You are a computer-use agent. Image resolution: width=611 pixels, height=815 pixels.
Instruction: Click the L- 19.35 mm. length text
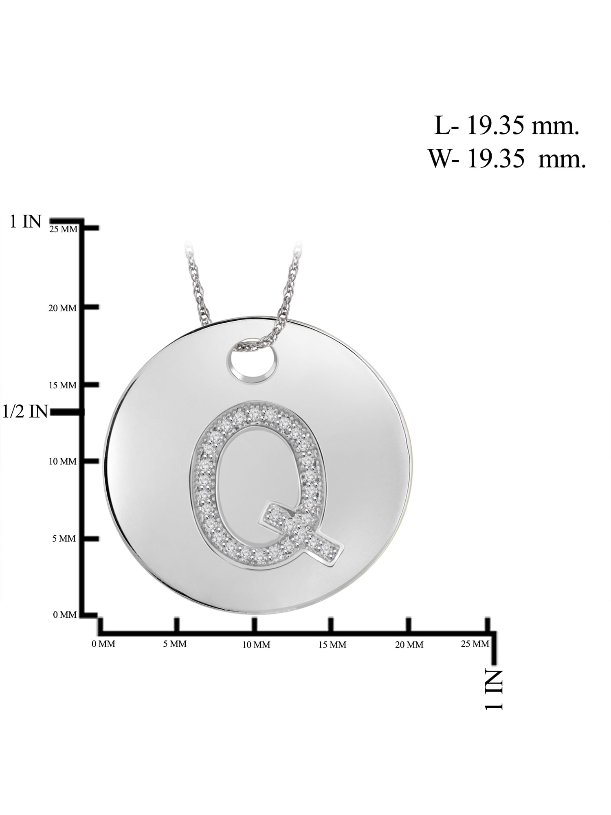click(x=507, y=126)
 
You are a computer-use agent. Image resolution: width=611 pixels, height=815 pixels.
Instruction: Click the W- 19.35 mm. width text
click(x=507, y=159)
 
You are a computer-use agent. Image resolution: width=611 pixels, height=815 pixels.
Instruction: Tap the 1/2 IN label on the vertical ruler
click(x=25, y=412)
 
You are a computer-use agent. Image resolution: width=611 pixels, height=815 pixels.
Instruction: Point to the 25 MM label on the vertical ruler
click(x=63, y=229)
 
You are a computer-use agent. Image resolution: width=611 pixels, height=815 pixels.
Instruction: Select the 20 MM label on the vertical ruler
click(x=62, y=308)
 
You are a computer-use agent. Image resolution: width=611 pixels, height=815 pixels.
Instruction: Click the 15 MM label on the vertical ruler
click(x=62, y=385)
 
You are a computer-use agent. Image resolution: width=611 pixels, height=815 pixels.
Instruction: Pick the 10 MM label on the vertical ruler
click(x=62, y=462)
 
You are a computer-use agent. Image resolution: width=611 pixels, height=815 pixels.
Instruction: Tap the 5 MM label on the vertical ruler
click(x=64, y=539)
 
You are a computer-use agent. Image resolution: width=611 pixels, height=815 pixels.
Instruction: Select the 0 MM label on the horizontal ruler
click(x=103, y=644)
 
